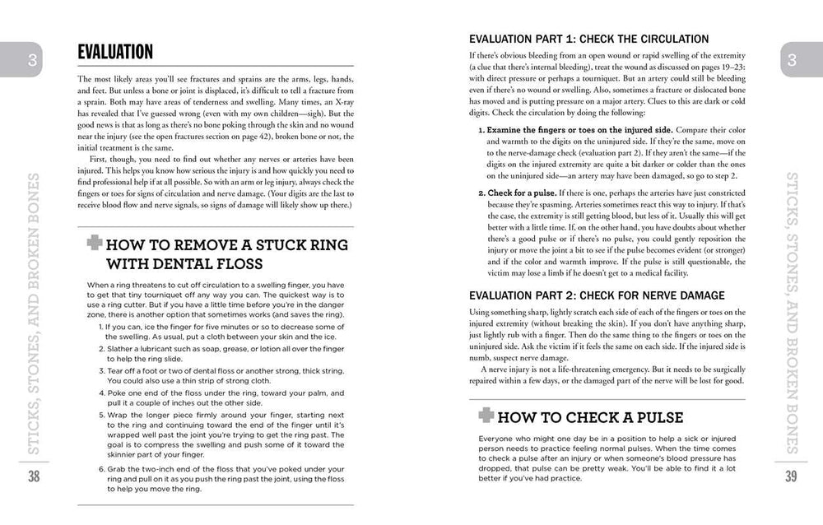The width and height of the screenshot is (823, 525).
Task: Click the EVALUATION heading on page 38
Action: pos(115,53)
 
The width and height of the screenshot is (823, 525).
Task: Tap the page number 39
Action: pos(790,476)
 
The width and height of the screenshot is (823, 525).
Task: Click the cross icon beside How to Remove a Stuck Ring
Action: pos(94,244)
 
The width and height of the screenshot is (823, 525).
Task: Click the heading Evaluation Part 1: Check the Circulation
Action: pos(588,39)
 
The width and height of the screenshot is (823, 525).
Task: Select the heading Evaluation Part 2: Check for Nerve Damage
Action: pos(596,295)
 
